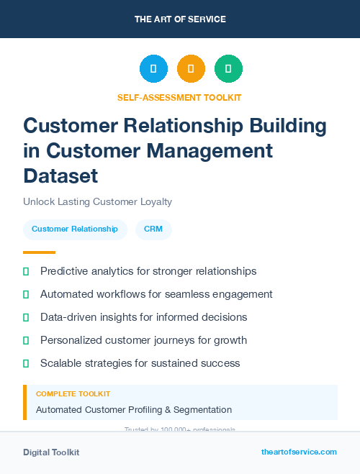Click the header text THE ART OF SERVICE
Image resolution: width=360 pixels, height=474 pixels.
pyautogui.click(x=180, y=19)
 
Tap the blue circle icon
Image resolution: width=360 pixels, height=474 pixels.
pyautogui.click(x=153, y=68)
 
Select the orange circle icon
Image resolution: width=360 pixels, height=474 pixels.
pyautogui.click(x=191, y=68)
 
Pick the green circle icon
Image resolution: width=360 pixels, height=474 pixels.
pyautogui.click(x=228, y=68)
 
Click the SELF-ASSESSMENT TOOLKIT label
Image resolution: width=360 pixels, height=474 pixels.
pyautogui.click(x=179, y=97)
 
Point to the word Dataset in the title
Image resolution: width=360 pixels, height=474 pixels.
pyautogui.click(x=60, y=175)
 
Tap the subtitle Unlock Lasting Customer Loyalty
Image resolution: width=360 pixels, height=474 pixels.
pyautogui.click(x=97, y=201)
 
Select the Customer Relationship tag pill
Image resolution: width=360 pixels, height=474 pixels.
pyautogui.click(x=75, y=229)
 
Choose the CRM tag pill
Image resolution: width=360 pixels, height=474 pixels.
pyautogui.click(x=153, y=229)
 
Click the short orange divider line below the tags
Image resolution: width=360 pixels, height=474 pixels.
pyautogui.click(x=39, y=252)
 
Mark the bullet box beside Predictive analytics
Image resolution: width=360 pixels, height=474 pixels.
pyautogui.click(x=26, y=271)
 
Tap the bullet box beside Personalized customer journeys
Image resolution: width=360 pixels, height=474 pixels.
pyautogui.click(x=26, y=340)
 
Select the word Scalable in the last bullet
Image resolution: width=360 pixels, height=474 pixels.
pyautogui.click(x=61, y=363)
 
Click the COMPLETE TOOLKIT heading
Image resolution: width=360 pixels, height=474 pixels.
pyautogui.click(x=73, y=394)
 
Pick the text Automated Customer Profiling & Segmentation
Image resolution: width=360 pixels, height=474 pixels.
pyautogui.click(x=134, y=409)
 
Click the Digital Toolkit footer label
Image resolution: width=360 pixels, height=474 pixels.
pyautogui.click(x=51, y=452)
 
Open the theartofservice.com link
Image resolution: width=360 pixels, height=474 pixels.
pyautogui.click(x=299, y=452)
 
